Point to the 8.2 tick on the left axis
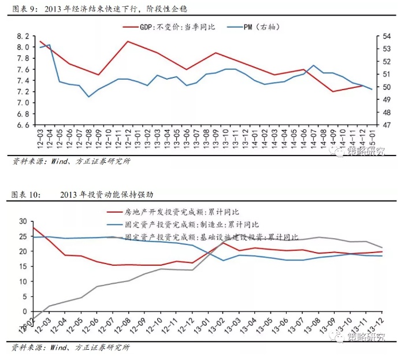click(23, 36)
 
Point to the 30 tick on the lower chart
click(23, 221)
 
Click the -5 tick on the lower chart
click(23, 326)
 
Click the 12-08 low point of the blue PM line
click(88, 97)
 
